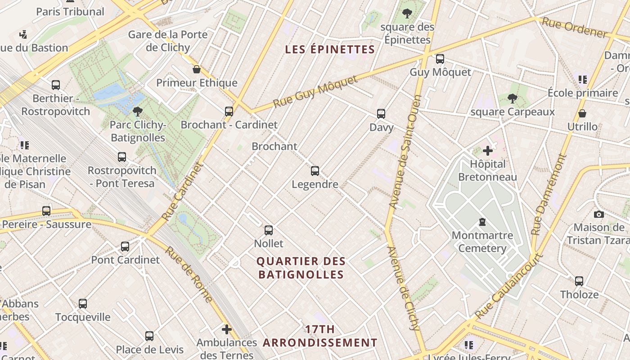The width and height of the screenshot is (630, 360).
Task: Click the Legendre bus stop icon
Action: click(x=315, y=171)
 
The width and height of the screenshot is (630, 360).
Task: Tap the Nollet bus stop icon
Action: click(x=269, y=230)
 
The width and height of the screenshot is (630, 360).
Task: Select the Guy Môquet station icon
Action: click(x=440, y=59)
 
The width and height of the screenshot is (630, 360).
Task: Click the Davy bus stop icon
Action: click(x=381, y=114)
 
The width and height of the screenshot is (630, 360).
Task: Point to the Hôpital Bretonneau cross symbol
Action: click(x=487, y=151)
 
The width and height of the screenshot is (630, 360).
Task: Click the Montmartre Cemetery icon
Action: click(x=482, y=222)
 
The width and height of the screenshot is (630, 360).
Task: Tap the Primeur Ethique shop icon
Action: click(x=197, y=69)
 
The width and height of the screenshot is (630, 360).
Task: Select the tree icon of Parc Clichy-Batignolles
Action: click(x=138, y=111)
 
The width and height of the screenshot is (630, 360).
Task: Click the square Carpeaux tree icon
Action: click(x=512, y=99)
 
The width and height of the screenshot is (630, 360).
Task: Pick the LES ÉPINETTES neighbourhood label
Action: click(x=330, y=49)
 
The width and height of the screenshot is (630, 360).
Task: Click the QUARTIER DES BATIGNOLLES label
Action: click(x=301, y=268)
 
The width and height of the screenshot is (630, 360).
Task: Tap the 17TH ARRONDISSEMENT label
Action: click(x=320, y=336)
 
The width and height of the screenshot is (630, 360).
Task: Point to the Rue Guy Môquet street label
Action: click(x=315, y=92)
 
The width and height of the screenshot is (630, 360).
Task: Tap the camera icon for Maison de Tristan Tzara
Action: click(x=598, y=214)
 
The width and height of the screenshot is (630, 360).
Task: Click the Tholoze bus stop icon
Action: click(x=579, y=281)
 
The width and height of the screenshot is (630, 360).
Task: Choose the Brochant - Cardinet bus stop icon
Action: click(x=229, y=111)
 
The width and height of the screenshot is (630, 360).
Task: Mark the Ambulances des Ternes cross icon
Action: click(x=227, y=329)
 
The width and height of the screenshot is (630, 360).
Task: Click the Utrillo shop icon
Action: click(x=582, y=113)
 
